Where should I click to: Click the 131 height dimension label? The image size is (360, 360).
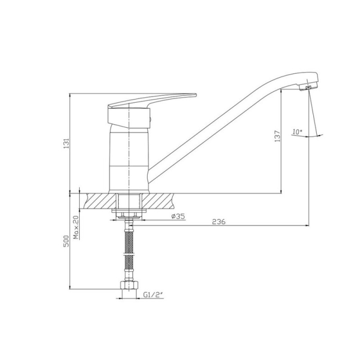tap(66, 144)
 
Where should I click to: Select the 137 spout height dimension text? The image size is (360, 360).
tap(278, 136)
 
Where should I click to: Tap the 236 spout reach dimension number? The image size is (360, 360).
tap(219, 221)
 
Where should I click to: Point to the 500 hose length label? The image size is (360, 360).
tap(66, 241)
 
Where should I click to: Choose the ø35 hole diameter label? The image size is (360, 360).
tap(178, 216)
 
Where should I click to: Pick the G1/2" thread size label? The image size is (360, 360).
tap(153, 295)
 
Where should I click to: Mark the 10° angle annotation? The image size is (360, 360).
tap(297, 131)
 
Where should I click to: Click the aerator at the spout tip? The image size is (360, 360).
tap(308, 88)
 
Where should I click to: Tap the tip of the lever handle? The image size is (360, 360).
tap(196, 94)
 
